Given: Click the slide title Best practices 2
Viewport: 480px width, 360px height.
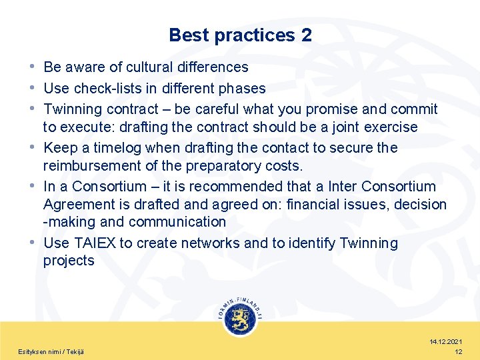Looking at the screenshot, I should click(240, 35).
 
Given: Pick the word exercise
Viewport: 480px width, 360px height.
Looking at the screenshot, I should click(389, 127).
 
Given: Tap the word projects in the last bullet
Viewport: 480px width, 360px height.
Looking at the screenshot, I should click(69, 261).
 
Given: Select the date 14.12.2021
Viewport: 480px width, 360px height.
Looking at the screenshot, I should click(446, 341).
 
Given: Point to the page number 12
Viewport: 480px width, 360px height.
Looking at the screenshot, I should click(458, 351).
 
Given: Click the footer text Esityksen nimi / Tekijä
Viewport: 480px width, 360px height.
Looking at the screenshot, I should click(51, 351).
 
